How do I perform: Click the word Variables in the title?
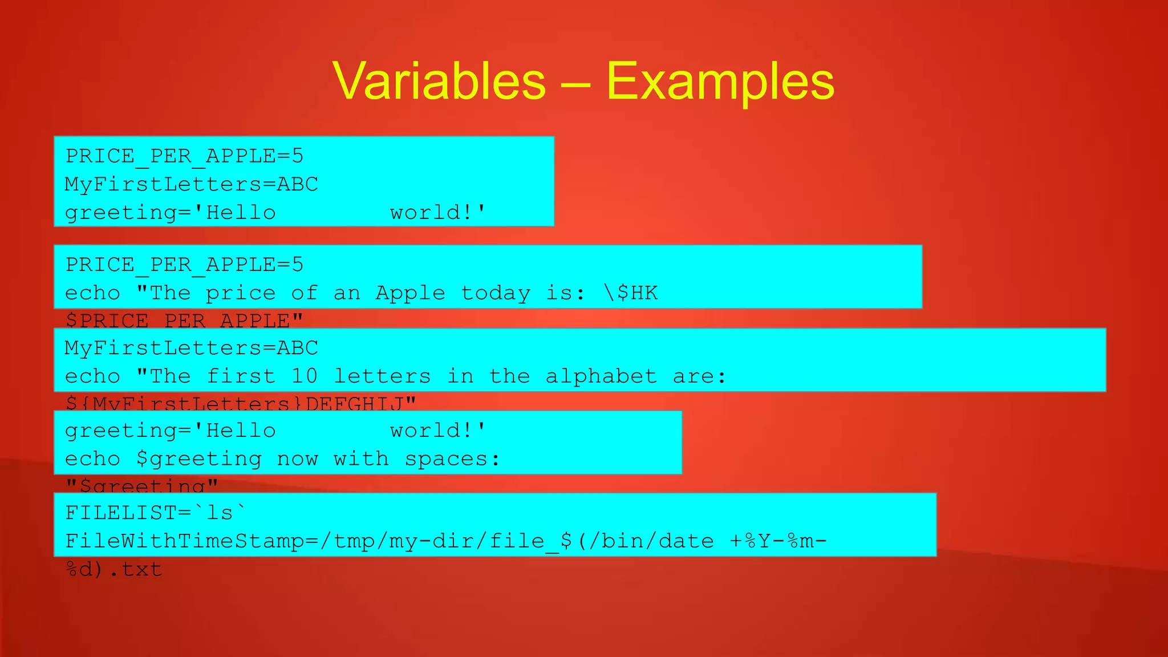click(439, 82)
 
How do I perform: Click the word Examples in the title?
click(720, 82)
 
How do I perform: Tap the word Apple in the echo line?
click(410, 293)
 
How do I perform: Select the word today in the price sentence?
click(495, 293)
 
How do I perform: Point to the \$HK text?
click(631, 293)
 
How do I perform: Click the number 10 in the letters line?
click(304, 376)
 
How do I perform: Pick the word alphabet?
click(601, 376)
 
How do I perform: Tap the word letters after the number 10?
click(382, 376)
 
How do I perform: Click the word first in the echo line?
click(241, 376)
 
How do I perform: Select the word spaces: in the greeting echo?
click(452, 459)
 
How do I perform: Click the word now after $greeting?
click(297, 459)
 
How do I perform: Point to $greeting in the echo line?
click(198, 459)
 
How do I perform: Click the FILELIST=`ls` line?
click(155, 513)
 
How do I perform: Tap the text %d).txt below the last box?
click(114, 569)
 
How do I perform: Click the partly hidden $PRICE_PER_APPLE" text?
click(184, 320)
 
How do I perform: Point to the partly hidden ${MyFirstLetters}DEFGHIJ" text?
click(240, 403)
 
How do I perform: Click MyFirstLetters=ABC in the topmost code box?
click(191, 184)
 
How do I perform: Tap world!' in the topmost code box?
click(437, 213)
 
